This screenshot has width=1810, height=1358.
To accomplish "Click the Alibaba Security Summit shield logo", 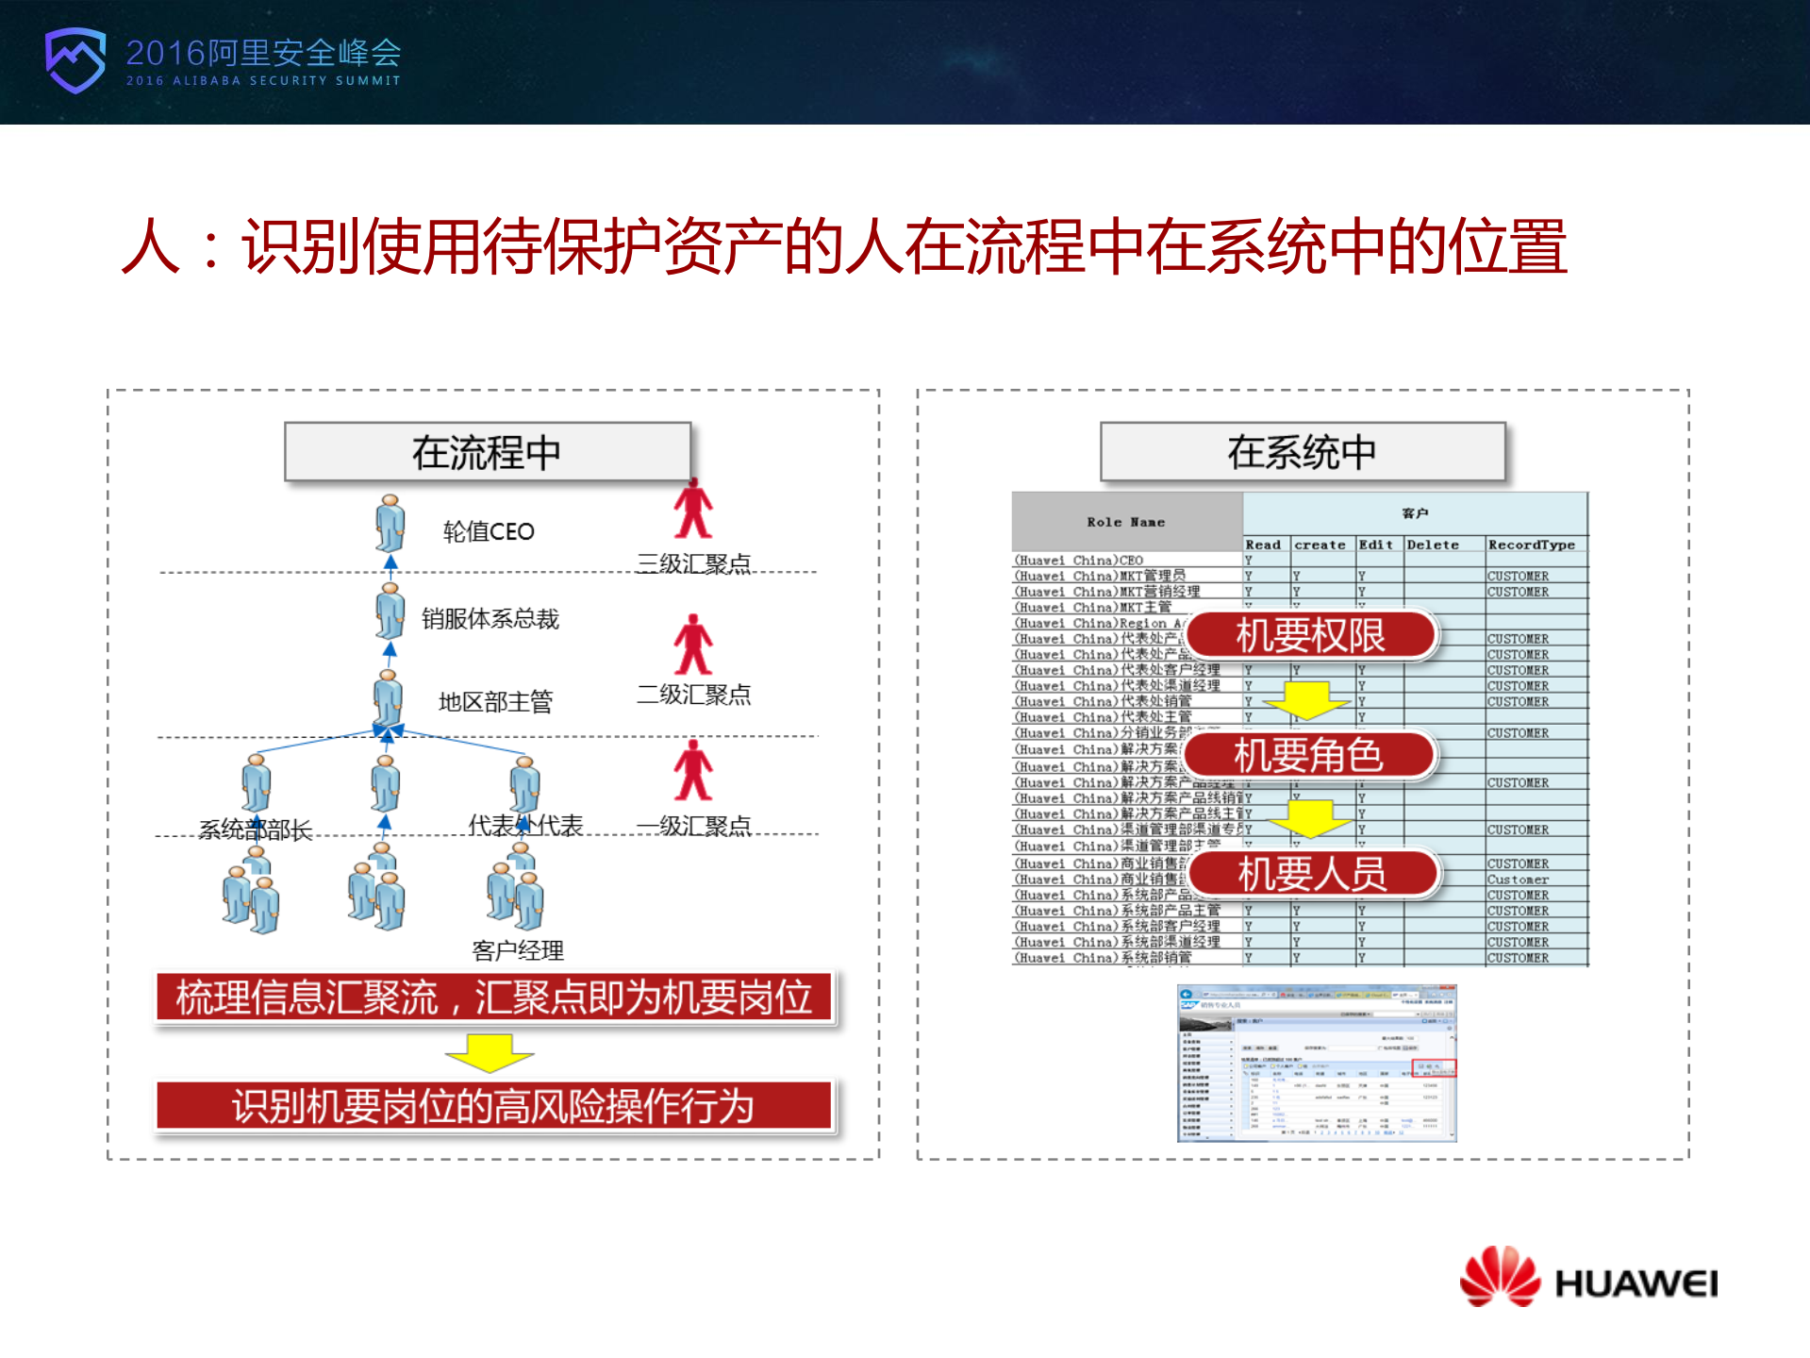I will coord(75,59).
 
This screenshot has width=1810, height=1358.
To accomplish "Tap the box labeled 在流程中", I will coord(487,452).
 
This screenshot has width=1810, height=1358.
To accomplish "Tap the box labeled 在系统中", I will coord(1302,452).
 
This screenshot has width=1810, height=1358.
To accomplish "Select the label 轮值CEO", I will coord(489,531).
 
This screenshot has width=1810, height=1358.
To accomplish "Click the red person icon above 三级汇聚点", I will coord(693,509).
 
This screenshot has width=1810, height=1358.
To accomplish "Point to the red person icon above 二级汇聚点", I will coord(693,645).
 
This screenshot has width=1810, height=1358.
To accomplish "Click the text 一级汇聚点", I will coord(693,826).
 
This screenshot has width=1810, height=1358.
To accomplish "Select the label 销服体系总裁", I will coord(490,619).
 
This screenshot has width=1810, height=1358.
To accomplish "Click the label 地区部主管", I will coord(495,702).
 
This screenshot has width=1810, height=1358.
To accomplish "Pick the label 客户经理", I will coord(517,950).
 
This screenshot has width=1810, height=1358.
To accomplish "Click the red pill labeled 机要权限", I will coord(1310,635).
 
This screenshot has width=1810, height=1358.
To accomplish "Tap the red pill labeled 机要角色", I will coord(1308,755).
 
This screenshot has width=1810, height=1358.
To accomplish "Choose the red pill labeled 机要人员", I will coord(1312,874).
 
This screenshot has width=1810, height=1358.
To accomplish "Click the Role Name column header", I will coord(1125,522).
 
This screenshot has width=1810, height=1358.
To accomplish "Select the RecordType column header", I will coord(1531,545).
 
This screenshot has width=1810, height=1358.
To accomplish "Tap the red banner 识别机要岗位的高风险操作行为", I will coord(493,1105).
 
